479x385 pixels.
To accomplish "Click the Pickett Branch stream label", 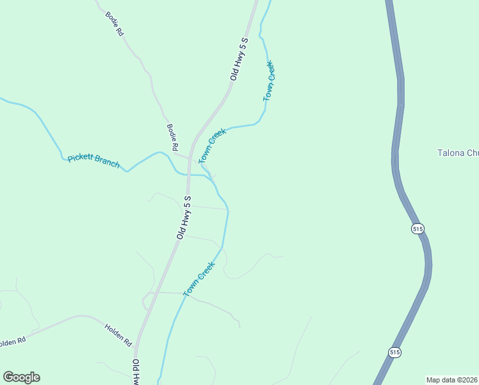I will pyautogui.click(x=93, y=160).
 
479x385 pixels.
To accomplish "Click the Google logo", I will pyautogui.click(x=21, y=377).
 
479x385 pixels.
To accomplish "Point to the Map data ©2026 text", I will pyautogui.click(x=451, y=379).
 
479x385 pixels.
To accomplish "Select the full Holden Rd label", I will pyautogui.click(x=118, y=335).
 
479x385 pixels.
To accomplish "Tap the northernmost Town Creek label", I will pyautogui.click(x=270, y=81).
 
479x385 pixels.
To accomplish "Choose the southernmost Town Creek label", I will pyautogui.click(x=199, y=278).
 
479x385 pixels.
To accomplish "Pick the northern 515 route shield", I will pyautogui.click(x=418, y=228).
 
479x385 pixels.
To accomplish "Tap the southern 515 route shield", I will pyautogui.click(x=394, y=352).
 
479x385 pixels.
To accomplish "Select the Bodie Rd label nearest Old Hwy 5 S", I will pyautogui.click(x=172, y=138).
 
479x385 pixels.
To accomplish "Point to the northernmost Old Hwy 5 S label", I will pyautogui.click(x=239, y=58).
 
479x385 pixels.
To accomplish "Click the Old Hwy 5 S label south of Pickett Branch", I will pyautogui.click(x=184, y=217).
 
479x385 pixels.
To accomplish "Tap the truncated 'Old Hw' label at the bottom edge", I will pyautogui.click(x=136, y=372).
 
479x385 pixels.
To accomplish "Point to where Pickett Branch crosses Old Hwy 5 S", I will pyautogui.click(x=188, y=173).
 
